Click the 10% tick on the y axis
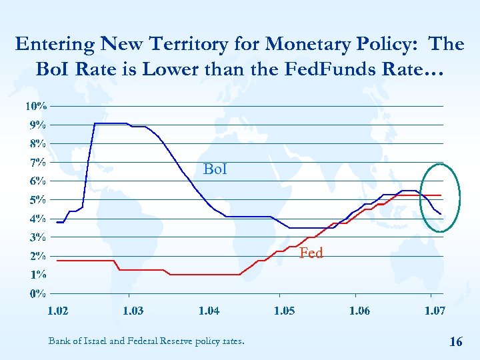(36, 106)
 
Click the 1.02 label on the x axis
(57, 311)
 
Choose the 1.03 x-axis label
(133, 311)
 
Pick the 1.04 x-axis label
(209, 311)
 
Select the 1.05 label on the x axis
(284, 311)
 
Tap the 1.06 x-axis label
(359, 311)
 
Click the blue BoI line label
(215, 170)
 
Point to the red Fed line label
(311, 253)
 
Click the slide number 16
(456, 342)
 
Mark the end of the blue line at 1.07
(441, 214)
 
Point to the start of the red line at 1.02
(57, 261)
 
